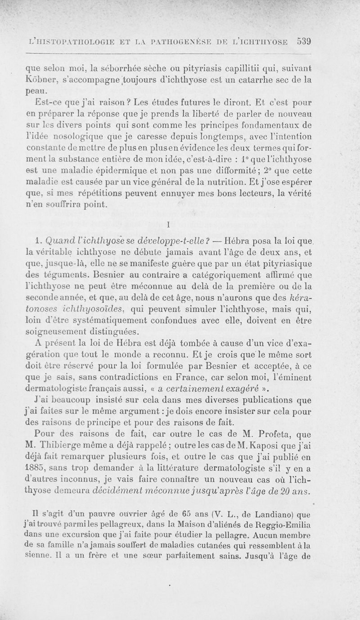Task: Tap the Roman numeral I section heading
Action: pos(167,223)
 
